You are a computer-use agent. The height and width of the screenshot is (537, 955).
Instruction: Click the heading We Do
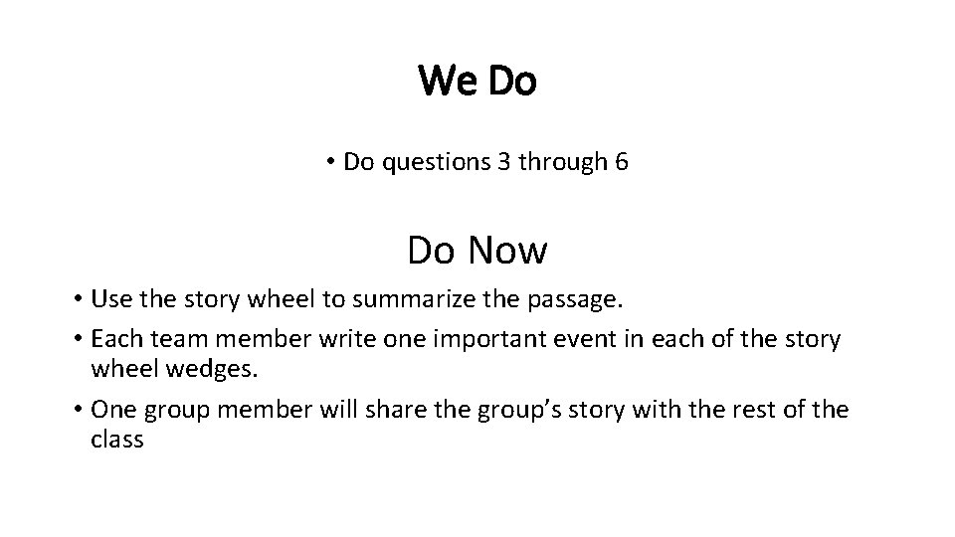pyautogui.click(x=477, y=81)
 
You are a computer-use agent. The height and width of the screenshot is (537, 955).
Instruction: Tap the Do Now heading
pyautogui.click(x=477, y=251)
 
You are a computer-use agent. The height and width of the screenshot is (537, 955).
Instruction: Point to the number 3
pyautogui.click(x=500, y=162)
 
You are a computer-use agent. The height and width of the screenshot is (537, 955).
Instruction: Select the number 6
pyautogui.click(x=622, y=162)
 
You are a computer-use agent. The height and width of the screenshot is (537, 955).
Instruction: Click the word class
pyautogui.click(x=117, y=440)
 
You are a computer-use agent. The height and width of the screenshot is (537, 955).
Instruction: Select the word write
pyautogui.click(x=344, y=340)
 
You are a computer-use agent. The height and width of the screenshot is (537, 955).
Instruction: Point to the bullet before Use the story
pyautogui.click(x=76, y=299)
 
